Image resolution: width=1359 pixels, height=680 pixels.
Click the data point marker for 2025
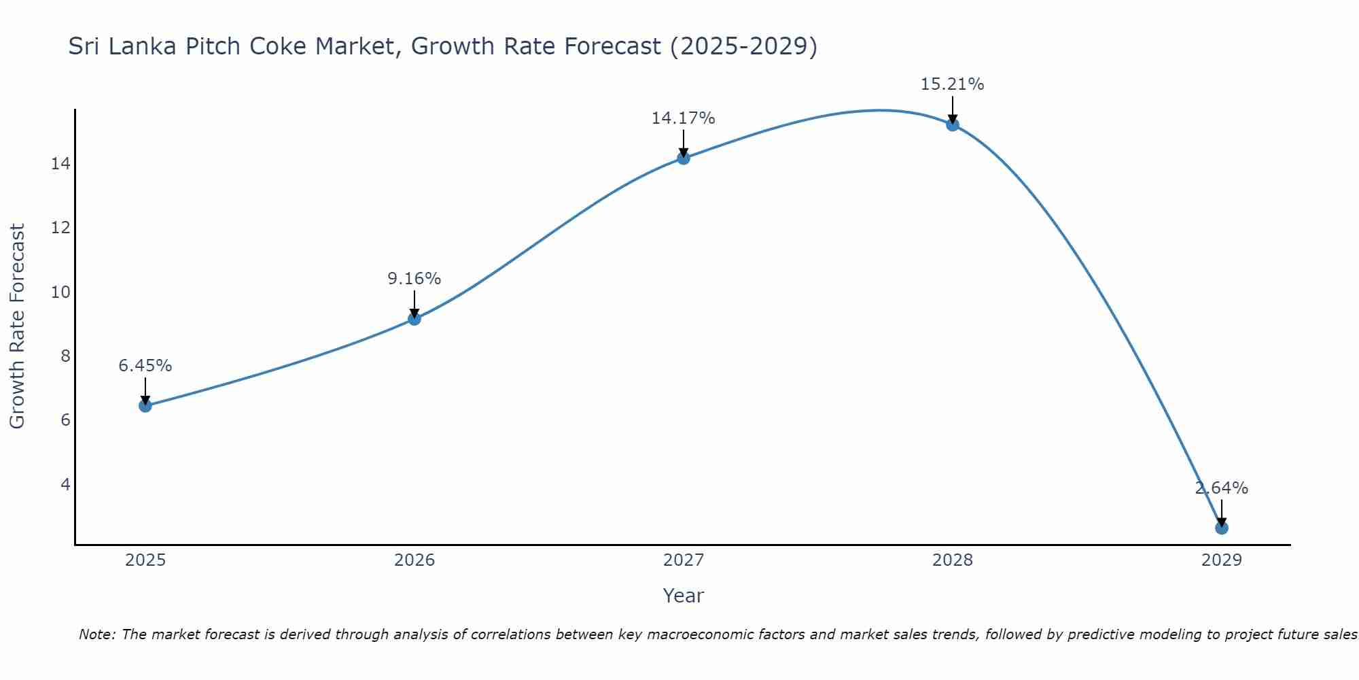pyautogui.click(x=145, y=406)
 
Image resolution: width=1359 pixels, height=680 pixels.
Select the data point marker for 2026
pyautogui.click(x=414, y=319)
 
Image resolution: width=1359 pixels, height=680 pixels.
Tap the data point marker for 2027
pyautogui.click(x=684, y=158)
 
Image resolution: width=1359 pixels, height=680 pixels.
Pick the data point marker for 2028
pyautogui.click(x=953, y=124)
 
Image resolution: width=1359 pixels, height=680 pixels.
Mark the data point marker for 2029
pyautogui.click(x=1222, y=528)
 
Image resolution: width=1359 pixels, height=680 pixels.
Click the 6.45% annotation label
pyautogui.click(x=145, y=366)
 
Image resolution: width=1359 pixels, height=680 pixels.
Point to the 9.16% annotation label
pyautogui.click(x=414, y=279)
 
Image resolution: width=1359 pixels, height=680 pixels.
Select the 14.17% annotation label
pyautogui.click(x=684, y=118)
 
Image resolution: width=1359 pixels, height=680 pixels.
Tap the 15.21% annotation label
pyautogui.click(x=953, y=84)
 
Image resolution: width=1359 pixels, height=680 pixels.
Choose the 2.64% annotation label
pyautogui.click(x=1222, y=488)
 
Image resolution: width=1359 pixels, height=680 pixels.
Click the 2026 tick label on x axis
pyautogui.click(x=414, y=560)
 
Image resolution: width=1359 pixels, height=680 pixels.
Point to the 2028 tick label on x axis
pyautogui.click(x=953, y=560)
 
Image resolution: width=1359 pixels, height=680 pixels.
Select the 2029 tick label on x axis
pyautogui.click(x=1222, y=560)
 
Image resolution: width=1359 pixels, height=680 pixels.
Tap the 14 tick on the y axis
pyautogui.click(x=60, y=164)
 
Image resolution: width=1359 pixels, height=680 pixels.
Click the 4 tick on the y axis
pyautogui.click(x=65, y=484)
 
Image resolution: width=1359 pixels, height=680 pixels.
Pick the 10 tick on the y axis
pyautogui.click(x=60, y=292)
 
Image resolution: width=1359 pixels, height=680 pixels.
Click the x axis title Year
pyautogui.click(x=684, y=596)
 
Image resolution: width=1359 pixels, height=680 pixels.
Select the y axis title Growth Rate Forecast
pyautogui.click(x=17, y=326)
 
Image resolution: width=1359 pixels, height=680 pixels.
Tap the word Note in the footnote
pyautogui.click(x=97, y=634)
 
